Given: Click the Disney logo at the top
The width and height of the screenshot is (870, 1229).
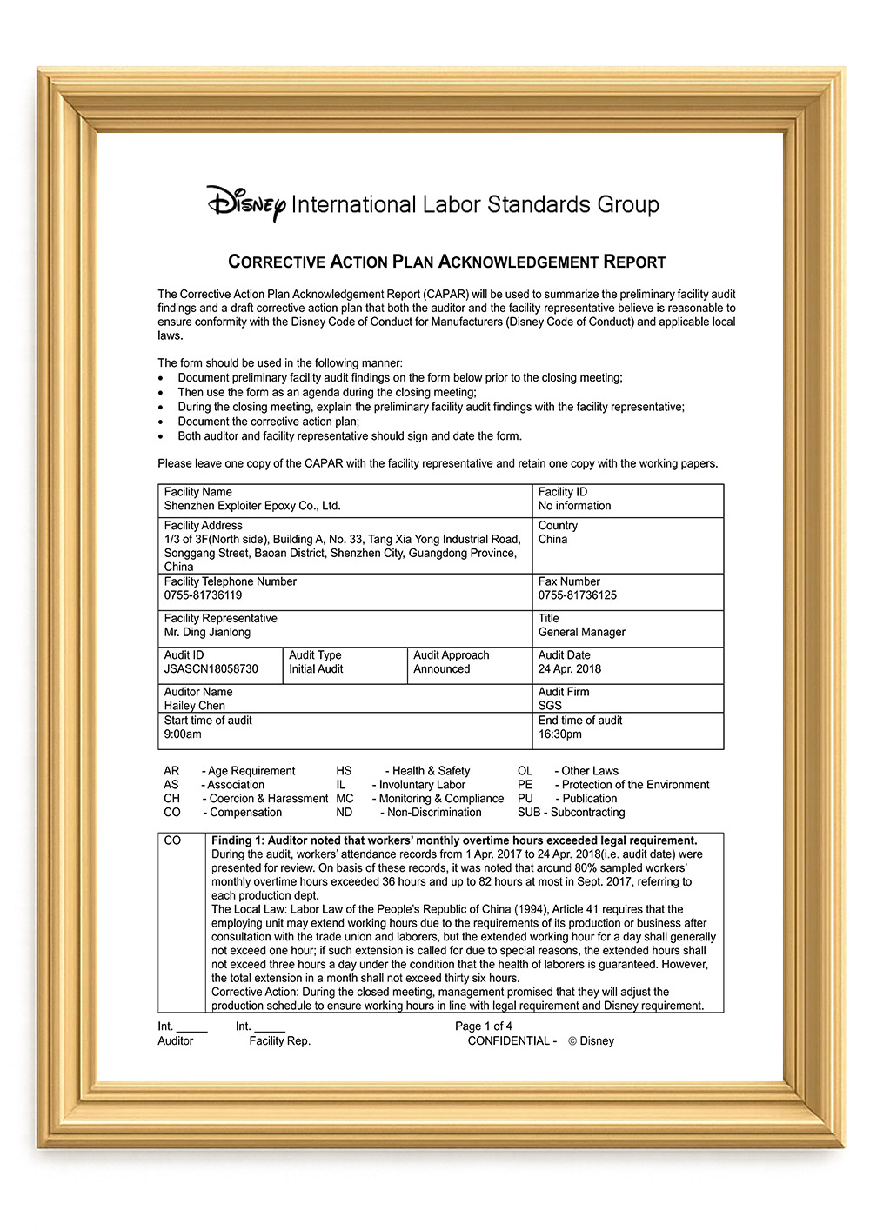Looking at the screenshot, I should click(246, 203).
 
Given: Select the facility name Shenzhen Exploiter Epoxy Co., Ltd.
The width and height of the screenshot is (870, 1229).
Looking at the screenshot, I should click(252, 506).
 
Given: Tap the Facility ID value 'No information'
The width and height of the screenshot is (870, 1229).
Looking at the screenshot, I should click(574, 506).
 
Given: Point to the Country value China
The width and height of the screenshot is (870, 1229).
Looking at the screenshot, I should click(552, 539).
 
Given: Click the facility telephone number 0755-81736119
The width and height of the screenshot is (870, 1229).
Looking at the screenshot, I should click(203, 595).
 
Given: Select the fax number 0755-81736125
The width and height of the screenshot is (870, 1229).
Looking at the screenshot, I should click(577, 595).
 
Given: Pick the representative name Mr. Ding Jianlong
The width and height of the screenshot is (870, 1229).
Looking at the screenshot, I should click(207, 632).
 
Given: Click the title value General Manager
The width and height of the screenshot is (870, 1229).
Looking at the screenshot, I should click(581, 632).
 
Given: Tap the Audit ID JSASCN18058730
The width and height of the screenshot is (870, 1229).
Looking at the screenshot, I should click(211, 669).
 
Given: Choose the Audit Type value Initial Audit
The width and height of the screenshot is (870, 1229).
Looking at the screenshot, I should click(316, 669).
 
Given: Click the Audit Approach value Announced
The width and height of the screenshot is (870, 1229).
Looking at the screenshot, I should click(441, 669).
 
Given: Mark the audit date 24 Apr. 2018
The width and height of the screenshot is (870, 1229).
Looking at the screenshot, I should click(569, 669).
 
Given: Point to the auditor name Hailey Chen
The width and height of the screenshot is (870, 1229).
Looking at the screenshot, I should click(194, 706).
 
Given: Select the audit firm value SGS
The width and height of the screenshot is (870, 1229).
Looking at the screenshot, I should click(550, 706).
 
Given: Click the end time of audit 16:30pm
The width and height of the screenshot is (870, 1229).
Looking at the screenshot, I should click(559, 734).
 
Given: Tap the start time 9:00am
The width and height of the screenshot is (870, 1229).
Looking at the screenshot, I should click(183, 734).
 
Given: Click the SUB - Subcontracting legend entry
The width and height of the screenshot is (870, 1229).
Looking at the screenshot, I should click(571, 813).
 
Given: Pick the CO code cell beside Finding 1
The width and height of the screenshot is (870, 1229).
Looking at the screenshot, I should click(172, 840).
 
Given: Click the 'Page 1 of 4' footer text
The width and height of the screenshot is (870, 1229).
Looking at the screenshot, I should click(483, 1026).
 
